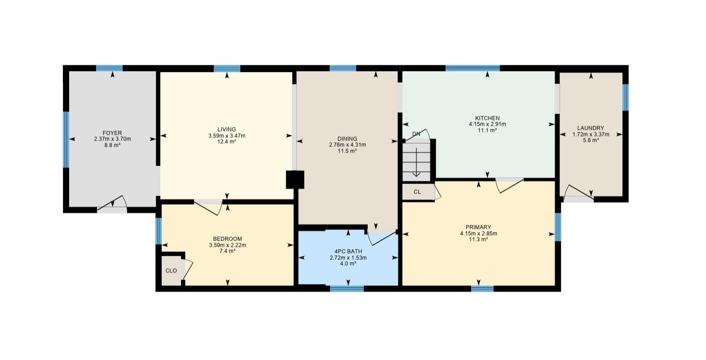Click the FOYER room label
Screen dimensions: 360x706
(112, 133)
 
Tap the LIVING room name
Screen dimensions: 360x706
(227, 129)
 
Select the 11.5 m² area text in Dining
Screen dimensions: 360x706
(347, 151)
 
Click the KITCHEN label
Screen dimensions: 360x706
(487, 118)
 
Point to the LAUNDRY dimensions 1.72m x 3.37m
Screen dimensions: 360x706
(591, 134)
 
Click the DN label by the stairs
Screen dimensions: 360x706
(416, 134)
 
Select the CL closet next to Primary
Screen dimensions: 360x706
(417, 192)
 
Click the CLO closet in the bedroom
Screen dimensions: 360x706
(171, 271)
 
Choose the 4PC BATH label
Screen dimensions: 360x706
(348, 251)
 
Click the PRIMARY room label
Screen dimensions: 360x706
(478, 227)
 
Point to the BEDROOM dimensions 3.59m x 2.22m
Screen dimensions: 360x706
(227, 245)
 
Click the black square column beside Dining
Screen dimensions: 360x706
(295, 180)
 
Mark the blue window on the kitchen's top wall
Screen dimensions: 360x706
(472, 68)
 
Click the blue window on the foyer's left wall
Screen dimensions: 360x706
(66, 139)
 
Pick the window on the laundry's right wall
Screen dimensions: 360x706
(625, 97)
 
